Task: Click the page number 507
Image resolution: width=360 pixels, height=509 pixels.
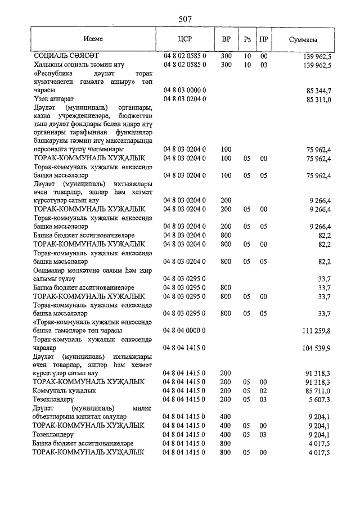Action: point(185,19)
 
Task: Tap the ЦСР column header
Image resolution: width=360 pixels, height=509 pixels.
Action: point(185,40)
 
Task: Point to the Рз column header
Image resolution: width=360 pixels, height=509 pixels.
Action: point(247,40)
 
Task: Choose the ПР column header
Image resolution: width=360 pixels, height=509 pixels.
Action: point(264,40)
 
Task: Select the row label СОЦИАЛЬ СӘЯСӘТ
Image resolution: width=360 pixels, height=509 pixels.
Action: point(66,57)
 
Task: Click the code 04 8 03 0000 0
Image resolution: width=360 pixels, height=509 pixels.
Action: point(185,91)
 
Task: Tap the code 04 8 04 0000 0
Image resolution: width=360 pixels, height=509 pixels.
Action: point(185,331)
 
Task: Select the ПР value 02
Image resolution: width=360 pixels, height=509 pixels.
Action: point(263,390)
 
